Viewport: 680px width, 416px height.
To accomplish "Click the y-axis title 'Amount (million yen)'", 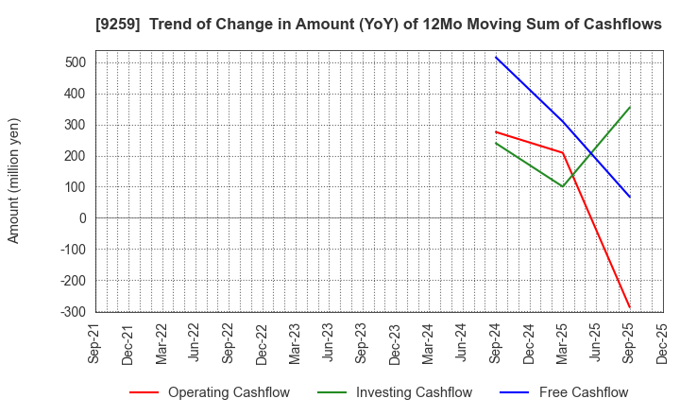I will coord(14,181).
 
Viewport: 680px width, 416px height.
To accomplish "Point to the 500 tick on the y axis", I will coord(76,63).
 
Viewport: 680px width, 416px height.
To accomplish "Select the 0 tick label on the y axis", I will coord(82,218).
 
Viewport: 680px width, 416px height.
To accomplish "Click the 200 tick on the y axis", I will coord(76,156).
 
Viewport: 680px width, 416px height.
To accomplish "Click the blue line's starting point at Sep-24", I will coord(496,57).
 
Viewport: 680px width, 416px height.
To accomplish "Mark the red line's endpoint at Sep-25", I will coord(629,307).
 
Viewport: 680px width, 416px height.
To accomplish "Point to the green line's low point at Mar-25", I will coord(563,186).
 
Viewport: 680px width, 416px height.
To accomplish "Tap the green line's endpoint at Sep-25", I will coord(629,107).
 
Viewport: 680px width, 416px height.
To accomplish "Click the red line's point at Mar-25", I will coord(563,153).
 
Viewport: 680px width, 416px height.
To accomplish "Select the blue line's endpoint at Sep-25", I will coord(629,197).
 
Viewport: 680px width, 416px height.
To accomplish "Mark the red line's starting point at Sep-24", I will coord(496,131).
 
